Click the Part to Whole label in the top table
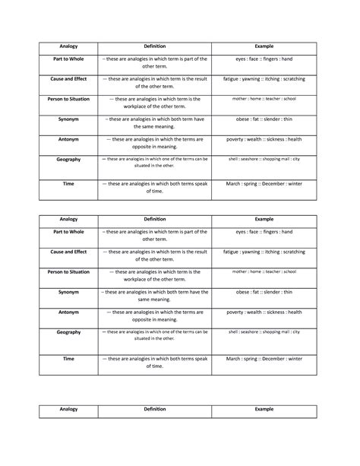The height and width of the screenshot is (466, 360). [x=69, y=58]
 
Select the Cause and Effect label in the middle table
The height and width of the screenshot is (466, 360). [x=69, y=251]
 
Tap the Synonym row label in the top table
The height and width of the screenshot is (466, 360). [x=69, y=119]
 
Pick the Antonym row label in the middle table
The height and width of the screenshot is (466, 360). [x=69, y=312]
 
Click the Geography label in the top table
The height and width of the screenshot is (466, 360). [x=69, y=160]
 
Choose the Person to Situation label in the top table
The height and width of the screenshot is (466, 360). [x=69, y=99]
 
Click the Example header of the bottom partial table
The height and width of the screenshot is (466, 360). [x=264, y=409]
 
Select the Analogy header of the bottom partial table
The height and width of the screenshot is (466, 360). [x=69, y=409]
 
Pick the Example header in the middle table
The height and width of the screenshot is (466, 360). [x=264, y=218]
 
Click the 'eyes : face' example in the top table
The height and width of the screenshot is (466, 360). [x=264, y=58]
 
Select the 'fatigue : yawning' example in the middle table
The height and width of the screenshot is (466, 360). [x=264, y=251]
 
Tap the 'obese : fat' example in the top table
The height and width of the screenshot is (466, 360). [x=264, y=119]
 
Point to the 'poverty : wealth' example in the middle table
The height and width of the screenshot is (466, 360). [x=264, y=312]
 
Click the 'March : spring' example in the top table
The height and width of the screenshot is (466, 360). [x=264, y=183]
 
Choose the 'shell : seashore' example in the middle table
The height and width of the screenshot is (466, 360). [x=264, y=332]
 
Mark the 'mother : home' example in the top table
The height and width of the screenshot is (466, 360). [x=264, y=99]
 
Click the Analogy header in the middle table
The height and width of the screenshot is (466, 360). [x=69, y=218]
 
